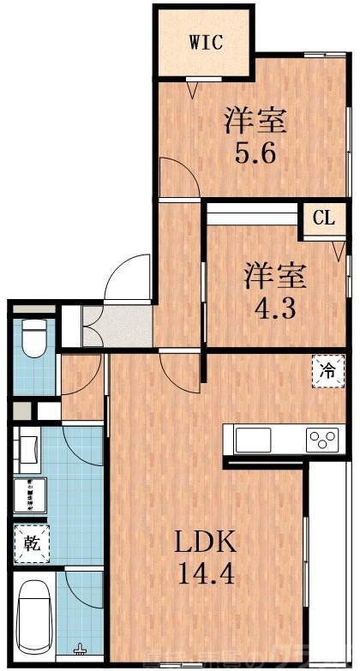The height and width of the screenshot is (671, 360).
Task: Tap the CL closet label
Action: pos(322,219)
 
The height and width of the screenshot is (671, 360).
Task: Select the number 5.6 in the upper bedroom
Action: pos(255,155)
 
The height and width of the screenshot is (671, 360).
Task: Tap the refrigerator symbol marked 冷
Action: pos(328,372)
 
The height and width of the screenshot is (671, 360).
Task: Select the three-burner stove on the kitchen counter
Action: pos(323,440)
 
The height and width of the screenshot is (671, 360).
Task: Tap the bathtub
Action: pos(33,611)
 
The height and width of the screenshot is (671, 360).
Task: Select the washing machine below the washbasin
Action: pos(32,495)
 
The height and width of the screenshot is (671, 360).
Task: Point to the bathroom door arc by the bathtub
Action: pos(84,592)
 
